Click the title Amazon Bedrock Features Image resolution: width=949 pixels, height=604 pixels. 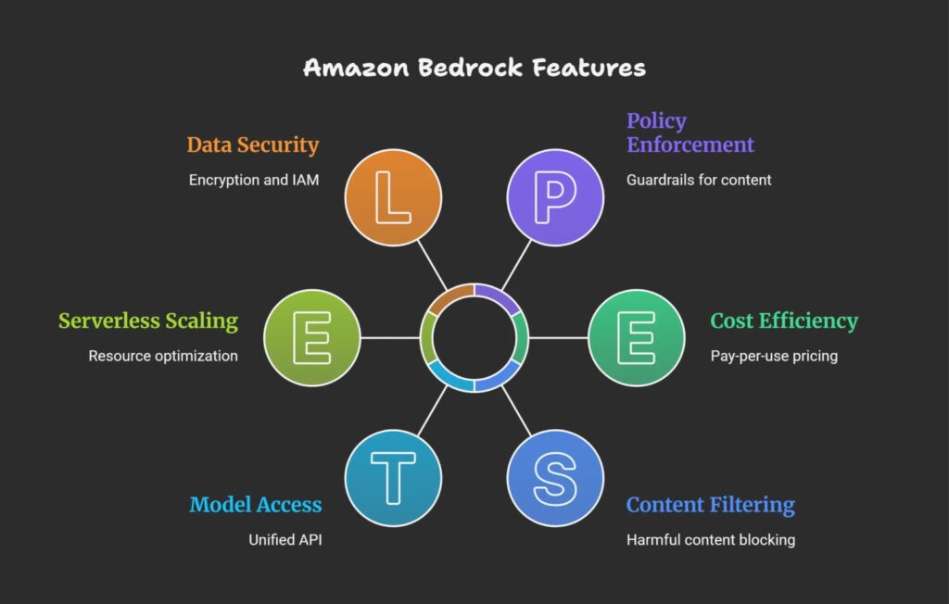pyautogui.click(x=474, y=68)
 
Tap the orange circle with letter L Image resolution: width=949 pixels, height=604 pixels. pyautogui.click(x=393, y=197)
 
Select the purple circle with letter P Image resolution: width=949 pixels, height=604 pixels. pyautogui.click(x=555, y=197)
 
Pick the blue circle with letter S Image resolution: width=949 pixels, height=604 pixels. pyautogui.click(x=555, y=477)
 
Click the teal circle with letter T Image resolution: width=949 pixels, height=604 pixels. pyautogui.click(x=393, y=477)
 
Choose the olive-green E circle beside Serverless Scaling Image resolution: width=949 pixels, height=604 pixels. pyautogui.click(x=312, y=337)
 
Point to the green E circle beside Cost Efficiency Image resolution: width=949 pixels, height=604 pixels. pyautogui.click(x=637, y=337)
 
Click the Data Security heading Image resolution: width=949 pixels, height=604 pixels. pyautogui.click(x=253, y=145)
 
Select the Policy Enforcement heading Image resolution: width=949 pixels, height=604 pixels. pyautogui.click(x=690, y=132)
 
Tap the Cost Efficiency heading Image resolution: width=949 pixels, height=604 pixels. pyautogui.click(x=784, y=321)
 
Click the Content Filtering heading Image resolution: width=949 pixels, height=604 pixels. pyautogui.click(x=711, y=505)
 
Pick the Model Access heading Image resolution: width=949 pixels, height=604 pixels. pyautogui.click(x=256, y=505)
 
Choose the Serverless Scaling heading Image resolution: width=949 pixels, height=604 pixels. pyautogui.click(x=148, y=321)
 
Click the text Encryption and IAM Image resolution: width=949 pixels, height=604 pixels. pyautogui.click(x=254, y=180)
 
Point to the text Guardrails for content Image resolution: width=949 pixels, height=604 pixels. pyautogui.click(x=699, y=180)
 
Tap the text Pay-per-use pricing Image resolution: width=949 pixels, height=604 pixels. pyautogui.click(x=774, y=356)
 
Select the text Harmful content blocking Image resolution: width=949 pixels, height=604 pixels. pyautogui.click(x=711, y=540)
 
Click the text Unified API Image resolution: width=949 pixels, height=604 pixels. pyautogui.click(x=285, y=540)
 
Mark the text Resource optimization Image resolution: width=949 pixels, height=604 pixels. pyautogui.click(x=163, y=356)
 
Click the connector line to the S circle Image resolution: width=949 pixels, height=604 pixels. pyautogui.click(x=516, y=410)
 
